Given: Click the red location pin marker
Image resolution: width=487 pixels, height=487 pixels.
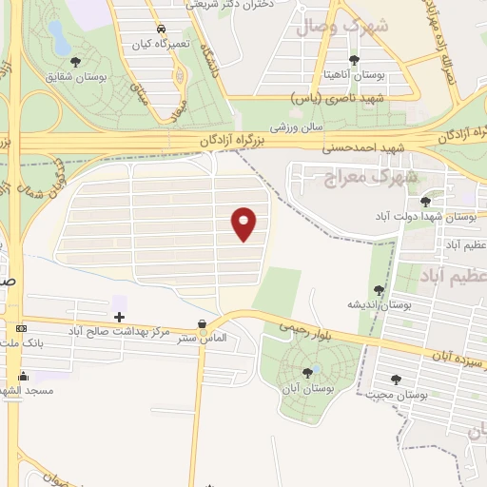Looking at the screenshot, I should tap(245, 224).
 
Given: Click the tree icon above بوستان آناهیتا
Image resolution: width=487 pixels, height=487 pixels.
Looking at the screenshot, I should tap(354, 61).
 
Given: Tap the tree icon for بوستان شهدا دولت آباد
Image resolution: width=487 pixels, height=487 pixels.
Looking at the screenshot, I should tap(425, 201).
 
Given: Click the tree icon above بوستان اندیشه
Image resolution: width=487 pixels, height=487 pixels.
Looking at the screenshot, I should tap(379, 290).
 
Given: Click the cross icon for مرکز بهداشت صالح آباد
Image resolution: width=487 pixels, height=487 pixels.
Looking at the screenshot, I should tap(119, 316).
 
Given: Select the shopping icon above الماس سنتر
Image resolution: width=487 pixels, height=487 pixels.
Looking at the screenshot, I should tap(202, 323).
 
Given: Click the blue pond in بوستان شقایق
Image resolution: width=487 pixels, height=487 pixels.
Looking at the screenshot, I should tap(58, 40).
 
